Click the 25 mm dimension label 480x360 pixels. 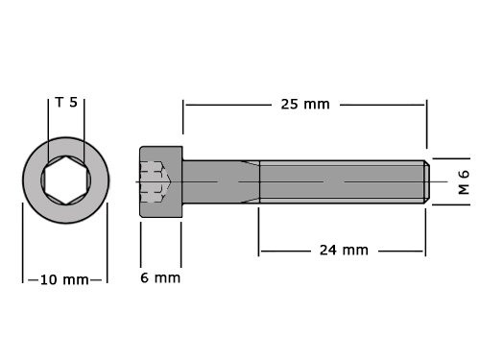(304, 104)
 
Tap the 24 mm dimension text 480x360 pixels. (343, 250)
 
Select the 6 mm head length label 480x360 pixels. (160, 277)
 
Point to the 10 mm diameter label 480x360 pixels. (65, 279)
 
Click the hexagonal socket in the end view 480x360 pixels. (65, 180)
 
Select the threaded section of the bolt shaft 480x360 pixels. (341, 180)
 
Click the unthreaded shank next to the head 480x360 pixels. (220, 180)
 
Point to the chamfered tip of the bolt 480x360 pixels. (425, 180)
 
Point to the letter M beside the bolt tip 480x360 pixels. (463, 189)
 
